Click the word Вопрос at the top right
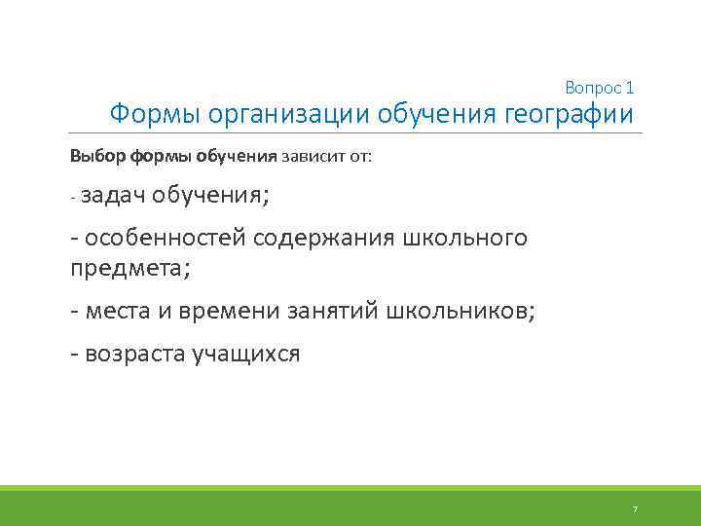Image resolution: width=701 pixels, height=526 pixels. (592, 88)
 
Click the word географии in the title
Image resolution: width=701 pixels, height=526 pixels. (570, 115)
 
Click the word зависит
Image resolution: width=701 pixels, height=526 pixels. (308, 156)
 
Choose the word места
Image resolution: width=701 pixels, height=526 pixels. (119, 311)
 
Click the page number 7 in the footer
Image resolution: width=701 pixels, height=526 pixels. (635, 508)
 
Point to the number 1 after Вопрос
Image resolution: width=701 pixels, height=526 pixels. (630, 88)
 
